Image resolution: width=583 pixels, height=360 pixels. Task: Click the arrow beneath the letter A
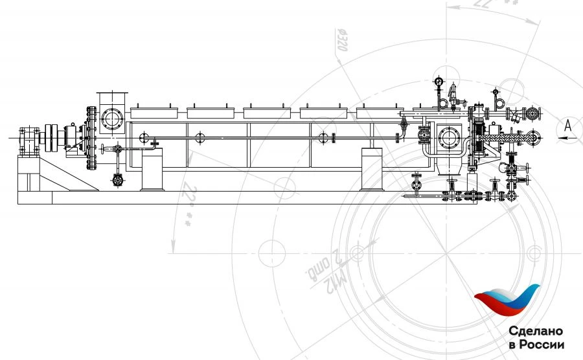[567, 137]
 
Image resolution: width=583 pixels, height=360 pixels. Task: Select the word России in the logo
[543, 344]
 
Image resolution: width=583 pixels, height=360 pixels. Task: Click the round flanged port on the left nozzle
[111, 119]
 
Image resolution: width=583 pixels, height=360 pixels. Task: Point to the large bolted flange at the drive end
[87, 139]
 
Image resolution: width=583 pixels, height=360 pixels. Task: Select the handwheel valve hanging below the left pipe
[117, 181]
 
